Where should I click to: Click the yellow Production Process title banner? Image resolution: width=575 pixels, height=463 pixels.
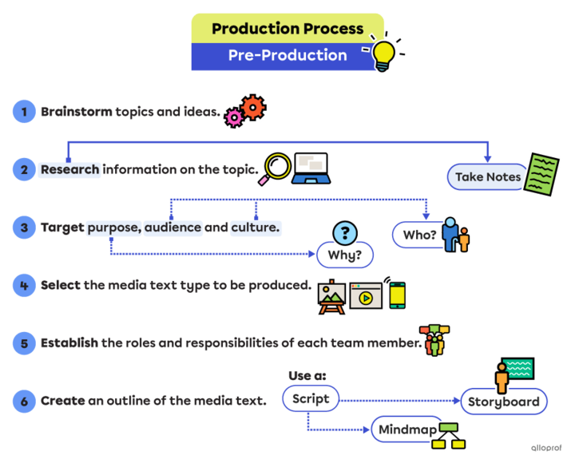[x=287, y=29]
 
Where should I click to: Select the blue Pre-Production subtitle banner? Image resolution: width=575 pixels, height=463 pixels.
[x=287, y=56]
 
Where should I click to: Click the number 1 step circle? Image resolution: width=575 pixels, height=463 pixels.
[x=24, y=113]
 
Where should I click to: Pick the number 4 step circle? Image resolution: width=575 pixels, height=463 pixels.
[x=24, y=285]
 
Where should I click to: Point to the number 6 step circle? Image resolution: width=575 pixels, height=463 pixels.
[x=24, y=400]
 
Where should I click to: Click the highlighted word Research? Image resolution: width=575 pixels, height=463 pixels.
[x=69, y=169]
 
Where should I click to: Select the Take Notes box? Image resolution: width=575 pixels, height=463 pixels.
[x=487, y=176]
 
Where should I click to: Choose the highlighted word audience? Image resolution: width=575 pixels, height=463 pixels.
[x=173, y=228]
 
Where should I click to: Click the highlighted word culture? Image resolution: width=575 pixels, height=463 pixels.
[x=256, y=228]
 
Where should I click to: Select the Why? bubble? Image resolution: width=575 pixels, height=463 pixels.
[x=344, y=255]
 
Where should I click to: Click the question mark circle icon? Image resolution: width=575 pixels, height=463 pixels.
[x=344, y=232]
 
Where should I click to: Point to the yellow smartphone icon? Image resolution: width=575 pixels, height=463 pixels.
[x=397, y=295]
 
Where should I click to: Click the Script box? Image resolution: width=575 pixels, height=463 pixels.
[x=311, y=398]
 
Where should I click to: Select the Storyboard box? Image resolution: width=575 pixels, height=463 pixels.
[x=504, y=401]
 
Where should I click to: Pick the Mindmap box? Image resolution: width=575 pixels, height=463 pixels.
[x=407, y=429]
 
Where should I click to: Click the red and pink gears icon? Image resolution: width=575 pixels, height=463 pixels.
[x=245, y=111]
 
